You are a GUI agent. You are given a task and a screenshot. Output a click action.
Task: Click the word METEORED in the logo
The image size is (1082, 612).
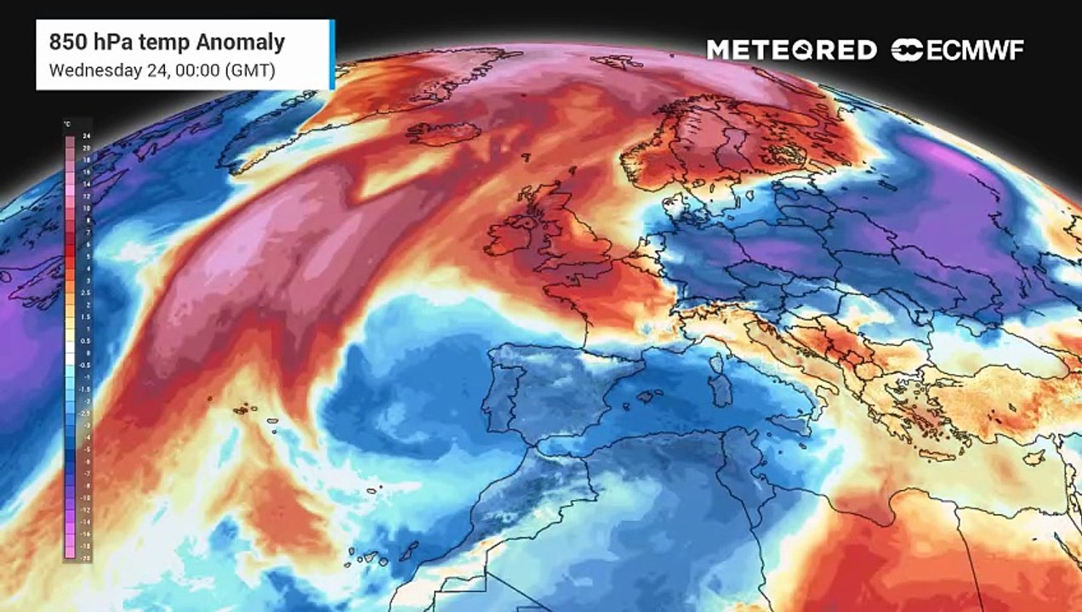tap(791, 50)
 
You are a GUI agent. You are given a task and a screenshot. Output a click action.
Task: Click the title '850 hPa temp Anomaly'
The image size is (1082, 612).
tap(167, 42)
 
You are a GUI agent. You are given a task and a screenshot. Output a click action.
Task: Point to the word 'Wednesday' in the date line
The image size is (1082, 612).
tap(88, 71)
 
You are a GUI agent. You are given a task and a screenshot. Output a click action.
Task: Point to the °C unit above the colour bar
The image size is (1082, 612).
tap(67, 125)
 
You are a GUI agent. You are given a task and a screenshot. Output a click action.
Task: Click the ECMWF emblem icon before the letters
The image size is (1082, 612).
tap(907, 50)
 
